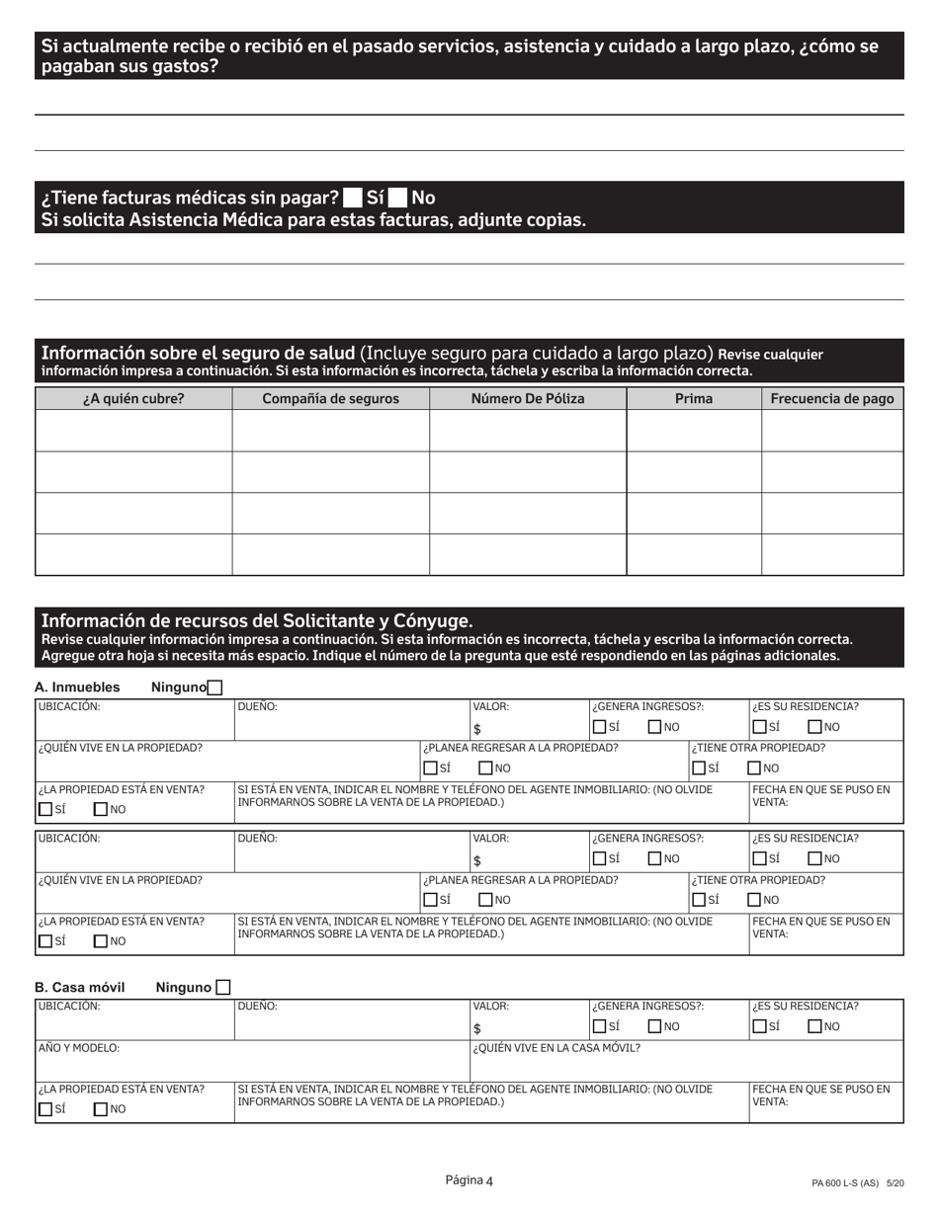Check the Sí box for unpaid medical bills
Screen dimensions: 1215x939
point(352,198)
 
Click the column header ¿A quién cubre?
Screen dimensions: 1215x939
point(133,399)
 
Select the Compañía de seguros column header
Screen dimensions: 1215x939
point(330,399)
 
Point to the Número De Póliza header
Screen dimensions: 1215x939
point(527,399)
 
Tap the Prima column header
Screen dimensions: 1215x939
point(693,399)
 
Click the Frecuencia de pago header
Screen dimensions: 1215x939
point(831,399)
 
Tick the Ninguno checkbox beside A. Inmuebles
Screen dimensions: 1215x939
point(215,688)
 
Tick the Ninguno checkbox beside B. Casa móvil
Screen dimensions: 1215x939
point(222,987)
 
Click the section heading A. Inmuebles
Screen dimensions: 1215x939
point(77,688)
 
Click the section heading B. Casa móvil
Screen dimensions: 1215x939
point(80,987)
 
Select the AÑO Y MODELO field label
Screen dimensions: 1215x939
point(78,1048)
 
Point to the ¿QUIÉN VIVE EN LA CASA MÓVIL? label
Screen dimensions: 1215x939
point(556,1048)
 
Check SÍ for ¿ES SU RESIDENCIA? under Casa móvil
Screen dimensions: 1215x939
point(759,1026)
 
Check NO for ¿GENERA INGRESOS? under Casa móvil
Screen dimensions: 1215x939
point(654,1026)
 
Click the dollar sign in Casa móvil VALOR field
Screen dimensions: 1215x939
point(476,1028)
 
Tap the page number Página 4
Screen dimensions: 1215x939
point(469,1180)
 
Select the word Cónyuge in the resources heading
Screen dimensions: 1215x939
point(434,621)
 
